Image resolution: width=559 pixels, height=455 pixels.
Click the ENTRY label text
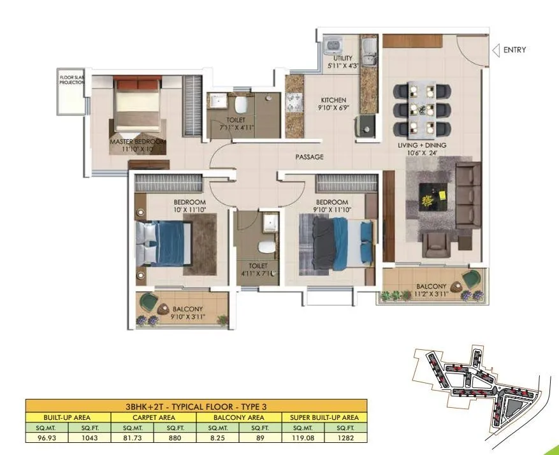point(514,50)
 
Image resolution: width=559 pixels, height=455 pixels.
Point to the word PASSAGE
point(309,157)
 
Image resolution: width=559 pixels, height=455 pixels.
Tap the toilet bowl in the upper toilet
point(240,105)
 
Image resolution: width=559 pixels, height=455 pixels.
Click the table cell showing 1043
point(89,438)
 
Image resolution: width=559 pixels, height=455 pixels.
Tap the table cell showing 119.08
point(303,438)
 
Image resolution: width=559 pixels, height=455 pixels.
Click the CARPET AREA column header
point(154,418)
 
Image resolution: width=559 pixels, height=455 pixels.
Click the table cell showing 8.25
point(217,438)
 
